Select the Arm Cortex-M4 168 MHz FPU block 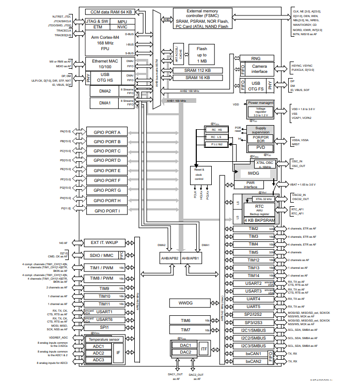pyautogui.click(x=105, y=42)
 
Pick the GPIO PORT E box pyautogui.click(x=107, y=171)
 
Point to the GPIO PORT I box pyautogui.click(x=107, y=210)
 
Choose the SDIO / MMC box pyautogui.click(x=101, y=255)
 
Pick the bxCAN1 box pyautogui.click(x=253, y=354)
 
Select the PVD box pyautogui.click(x=260, y=148)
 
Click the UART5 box pyautogui.click(x=253, y=306)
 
